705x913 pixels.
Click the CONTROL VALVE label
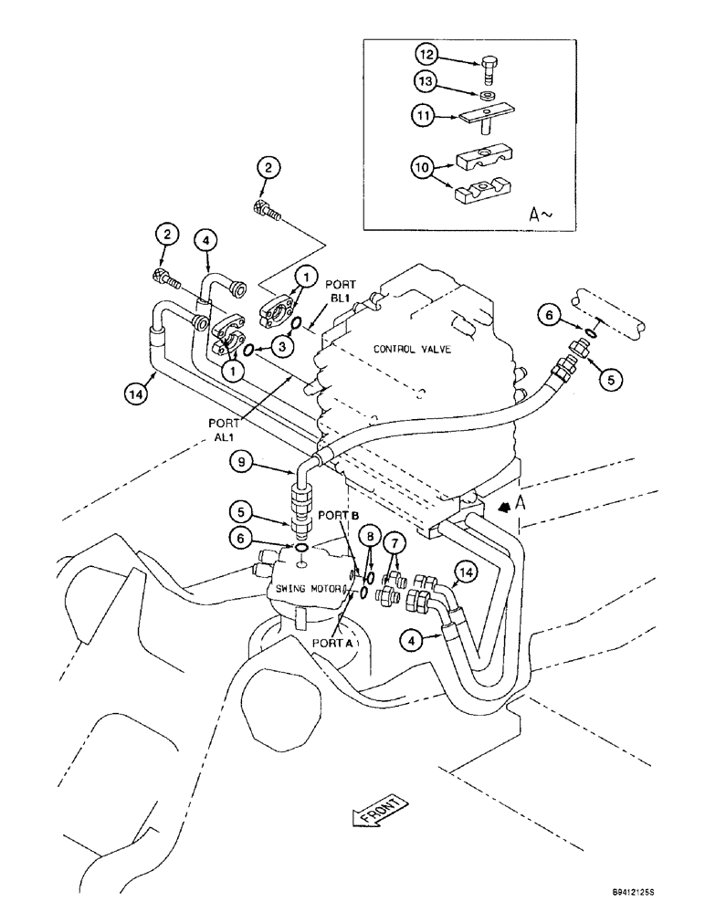(406, 349)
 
